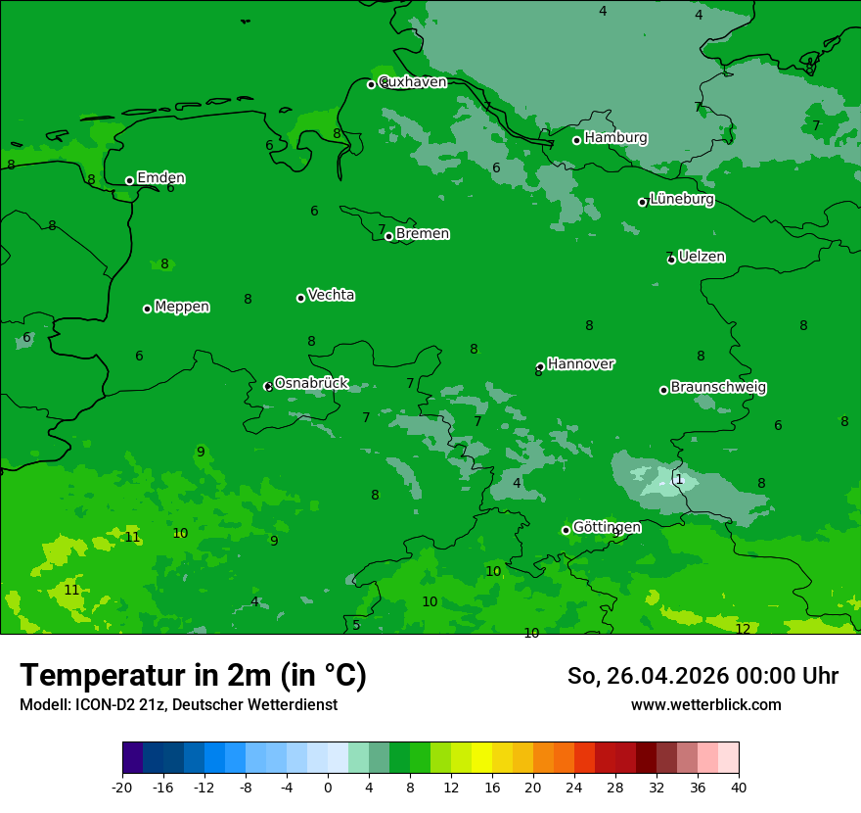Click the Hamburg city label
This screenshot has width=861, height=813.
pyautogui.click(x=615, y=138)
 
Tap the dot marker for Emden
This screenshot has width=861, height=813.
pyautogui.click(x=129, y=180)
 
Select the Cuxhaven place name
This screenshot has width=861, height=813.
pyautogui.click(x=412, y=82)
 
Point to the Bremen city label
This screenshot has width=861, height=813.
pyautogui.click(x=422, y=234)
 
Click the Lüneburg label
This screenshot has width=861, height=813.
pyautogui.click(x=681, y=200)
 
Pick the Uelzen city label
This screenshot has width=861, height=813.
pyautogui.click(x=702, y=257)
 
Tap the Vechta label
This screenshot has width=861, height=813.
pyautogui.click(x=331, y=295)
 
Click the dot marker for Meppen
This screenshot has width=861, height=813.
pyautogui.click(x=147, y=309)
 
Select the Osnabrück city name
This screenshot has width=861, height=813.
pyautogui.click(x=310, y=383)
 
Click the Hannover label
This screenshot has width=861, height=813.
pyautogui.click(x=580, y=364)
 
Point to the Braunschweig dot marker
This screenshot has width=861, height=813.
pyautogui.click(x=663, y=390)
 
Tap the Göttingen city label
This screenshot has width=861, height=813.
pyautogui.click(x=607, y=527)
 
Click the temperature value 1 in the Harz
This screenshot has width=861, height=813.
pyautogui.click(x=679, y=479)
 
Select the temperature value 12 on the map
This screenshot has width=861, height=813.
pyautogui.click(x=743, y=629)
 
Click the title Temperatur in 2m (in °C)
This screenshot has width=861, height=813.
pyautogui.click(x=193, y=675)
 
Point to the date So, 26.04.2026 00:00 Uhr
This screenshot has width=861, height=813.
pyautogui.click(x=702, y=676)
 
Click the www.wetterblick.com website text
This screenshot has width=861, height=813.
pyautogui.click(x=705, y=705)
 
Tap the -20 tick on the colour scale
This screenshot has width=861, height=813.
pyautogui.click(x=122, y=787)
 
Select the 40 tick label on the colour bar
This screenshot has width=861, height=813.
pyautogui.click(x=739, y=787)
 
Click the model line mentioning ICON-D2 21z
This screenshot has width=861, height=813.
pyautogui.click(x=178, y=705)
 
